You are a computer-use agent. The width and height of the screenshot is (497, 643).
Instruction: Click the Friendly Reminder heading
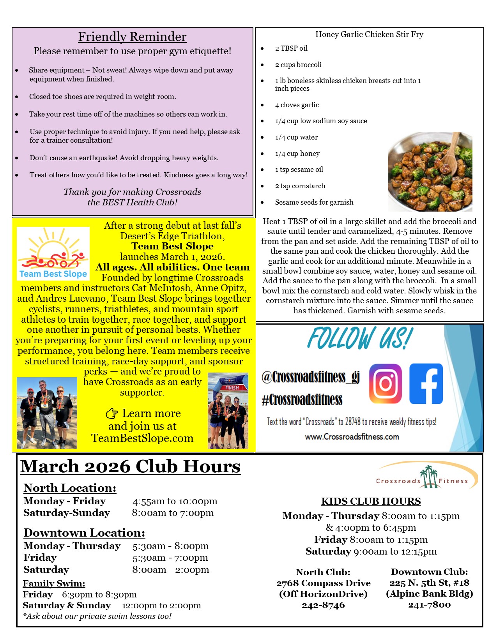coord(132,37)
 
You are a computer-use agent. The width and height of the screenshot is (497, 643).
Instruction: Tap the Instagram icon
coord(385,383)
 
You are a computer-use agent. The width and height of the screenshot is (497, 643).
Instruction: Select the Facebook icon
coord(426,383)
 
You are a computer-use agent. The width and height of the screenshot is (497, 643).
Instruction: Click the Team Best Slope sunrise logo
coord(53,253)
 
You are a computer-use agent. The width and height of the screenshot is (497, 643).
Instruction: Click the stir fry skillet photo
coord(430,171)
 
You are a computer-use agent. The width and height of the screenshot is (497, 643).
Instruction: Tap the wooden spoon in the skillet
coord(452,152)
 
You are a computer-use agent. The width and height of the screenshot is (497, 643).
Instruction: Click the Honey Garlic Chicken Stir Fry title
coord(369,34)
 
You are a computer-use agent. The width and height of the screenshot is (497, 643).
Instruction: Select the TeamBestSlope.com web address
coord(142,438)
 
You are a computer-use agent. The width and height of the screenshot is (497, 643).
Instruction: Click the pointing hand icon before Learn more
coord(112,413)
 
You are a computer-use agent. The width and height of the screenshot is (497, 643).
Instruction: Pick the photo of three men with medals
coord(47,413)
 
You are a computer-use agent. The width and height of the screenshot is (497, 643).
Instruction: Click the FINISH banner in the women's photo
coord(232,387)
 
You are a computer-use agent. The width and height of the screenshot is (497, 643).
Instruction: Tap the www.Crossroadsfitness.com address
coord(352,437)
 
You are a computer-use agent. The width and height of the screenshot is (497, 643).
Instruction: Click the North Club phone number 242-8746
coord(323,605)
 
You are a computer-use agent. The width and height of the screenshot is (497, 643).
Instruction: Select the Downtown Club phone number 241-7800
coord(429,605)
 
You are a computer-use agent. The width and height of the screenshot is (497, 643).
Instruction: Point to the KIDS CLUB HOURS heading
coord(371,501)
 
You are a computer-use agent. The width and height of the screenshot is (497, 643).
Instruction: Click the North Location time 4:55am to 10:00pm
coord(175,501)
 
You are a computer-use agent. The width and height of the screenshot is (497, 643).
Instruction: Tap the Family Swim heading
coord(54,583)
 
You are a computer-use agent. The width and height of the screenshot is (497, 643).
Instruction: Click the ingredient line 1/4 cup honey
coord(297,154)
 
